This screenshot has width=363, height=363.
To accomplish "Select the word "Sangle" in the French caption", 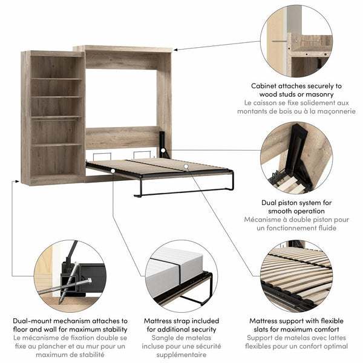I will pyautogui.click(x=156, y=338).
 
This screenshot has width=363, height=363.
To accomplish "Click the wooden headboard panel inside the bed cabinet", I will pyautogui.click(x=121, y=137).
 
